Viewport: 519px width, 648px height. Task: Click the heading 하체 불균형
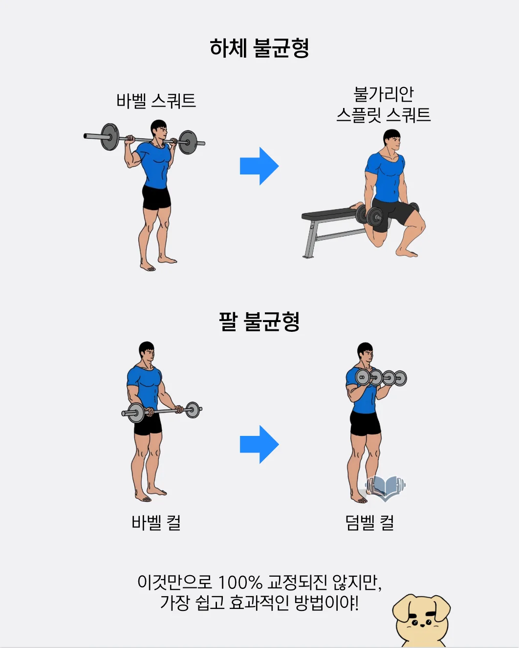(259, 48)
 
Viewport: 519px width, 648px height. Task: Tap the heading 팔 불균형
(259, 321)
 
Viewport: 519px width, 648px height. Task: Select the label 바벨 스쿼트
(156, 101)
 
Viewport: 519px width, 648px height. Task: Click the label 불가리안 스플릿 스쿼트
(384, 104)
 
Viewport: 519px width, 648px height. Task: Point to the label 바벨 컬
(156, 522)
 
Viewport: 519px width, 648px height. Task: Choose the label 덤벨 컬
(369, 522)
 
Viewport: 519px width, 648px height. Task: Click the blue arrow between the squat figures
(259, 166)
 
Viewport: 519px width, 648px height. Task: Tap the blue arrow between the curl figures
(259, 444)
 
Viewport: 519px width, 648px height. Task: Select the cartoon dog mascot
(421, 620)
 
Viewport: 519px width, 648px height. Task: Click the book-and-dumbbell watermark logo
(386, 488)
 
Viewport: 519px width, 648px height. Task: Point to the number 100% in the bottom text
(240, 582)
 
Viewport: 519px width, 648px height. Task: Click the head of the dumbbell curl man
(365, 353)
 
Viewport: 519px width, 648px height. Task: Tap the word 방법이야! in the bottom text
(326, 603)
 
